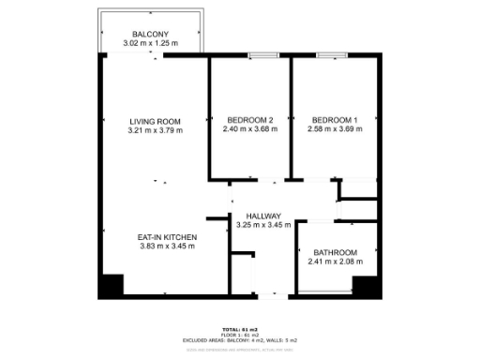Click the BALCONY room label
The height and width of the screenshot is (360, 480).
click(x=149, y=34)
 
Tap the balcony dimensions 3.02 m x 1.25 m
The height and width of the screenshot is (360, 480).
click(x=149, y=44)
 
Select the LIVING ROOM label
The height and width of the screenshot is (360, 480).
click(x=155, y=121)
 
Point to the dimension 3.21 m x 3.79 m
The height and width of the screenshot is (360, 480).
click(x=155, y=130)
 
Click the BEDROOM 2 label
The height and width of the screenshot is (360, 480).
click(x=249, y=120)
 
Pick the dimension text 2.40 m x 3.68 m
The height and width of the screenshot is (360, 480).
click(x=249, y=129)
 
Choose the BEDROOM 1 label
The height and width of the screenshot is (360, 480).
click(x=335, y=120)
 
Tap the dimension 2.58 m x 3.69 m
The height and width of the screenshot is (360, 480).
click(x=335, y=129)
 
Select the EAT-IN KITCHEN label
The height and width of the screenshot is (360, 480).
click(x=166, y=237)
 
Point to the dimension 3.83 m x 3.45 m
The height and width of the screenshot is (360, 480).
click(x=166, y=247)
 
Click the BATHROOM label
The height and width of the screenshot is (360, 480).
click(x=336, y=252)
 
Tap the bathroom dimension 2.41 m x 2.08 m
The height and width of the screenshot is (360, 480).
click(x=336, y=262)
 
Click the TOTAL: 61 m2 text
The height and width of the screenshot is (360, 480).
click(x=240, y=328)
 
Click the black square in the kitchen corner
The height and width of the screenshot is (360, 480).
click(x=112, y=285)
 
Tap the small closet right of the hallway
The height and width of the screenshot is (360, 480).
click(x=358, y=188)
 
